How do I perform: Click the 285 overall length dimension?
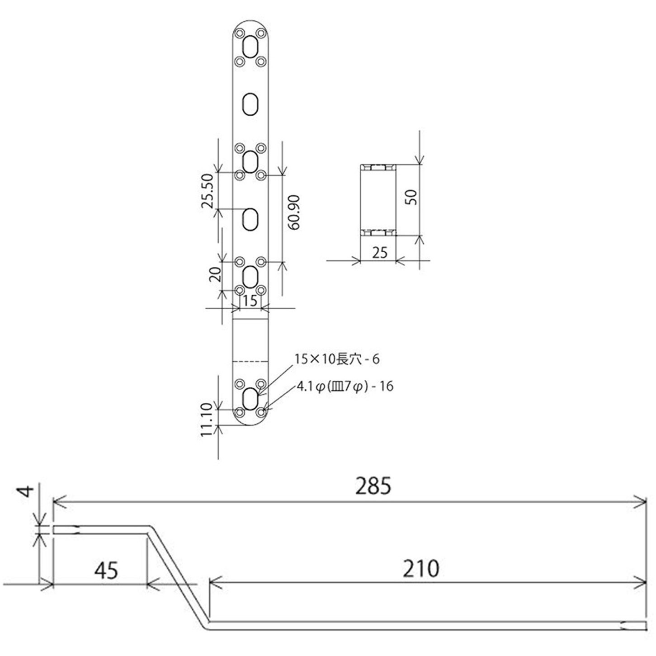[x=373, y=486]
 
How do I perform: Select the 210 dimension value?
[x=420, y=569]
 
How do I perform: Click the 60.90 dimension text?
[x=294, y=212]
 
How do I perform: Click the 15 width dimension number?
[x=250, y=301]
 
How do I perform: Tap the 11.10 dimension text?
[x=207, y=420]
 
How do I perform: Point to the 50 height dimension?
[x=411, y=197]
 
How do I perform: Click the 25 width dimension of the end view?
[x=379, y=252]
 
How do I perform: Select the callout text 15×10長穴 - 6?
[x=337, y=359]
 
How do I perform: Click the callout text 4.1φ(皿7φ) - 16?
[x=345, y=387]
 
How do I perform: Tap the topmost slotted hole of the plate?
[x=250, y=46]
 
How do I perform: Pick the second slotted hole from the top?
[x=250, y=104]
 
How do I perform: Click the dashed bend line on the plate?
[x=250, y=361]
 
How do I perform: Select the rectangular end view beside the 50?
[x=378, y=200]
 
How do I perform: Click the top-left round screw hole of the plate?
[x=240, y=33]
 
